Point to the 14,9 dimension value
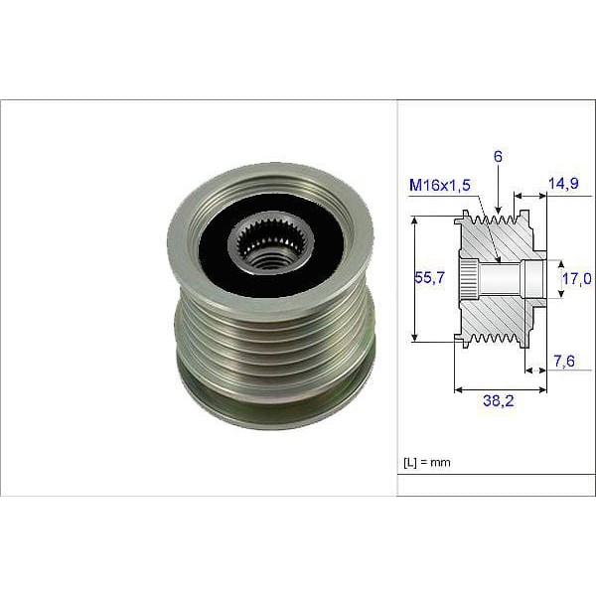563,183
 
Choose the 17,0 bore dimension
575,280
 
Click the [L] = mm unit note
427,462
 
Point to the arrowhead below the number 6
498,212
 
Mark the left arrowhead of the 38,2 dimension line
457,390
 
